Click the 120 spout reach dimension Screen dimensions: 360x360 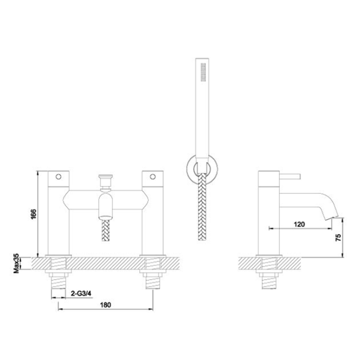(x=298, y=224)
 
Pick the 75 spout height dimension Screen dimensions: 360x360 (x=337, y=238)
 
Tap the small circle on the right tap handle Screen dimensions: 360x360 (x=153, y=177)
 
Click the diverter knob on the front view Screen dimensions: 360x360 (x=106, y=182)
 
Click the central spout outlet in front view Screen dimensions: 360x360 (x=106, y=207)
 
